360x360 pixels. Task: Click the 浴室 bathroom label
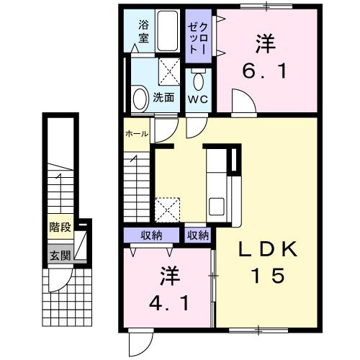pyautogui.click(x=143, y=32)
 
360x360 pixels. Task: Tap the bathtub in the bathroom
pyautogui.click(x=168, y=32)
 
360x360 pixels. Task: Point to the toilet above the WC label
pyautogui.click(x=198, y=78)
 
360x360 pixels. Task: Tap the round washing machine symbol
pyautogui.click(x=140, y=97)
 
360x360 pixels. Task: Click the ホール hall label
pyautogui.click(x=136, y=134)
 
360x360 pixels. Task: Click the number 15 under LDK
pyautogui.click(x=267, y=275)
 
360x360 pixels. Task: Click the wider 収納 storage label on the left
pyautogui.click(x=152, y=235)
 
